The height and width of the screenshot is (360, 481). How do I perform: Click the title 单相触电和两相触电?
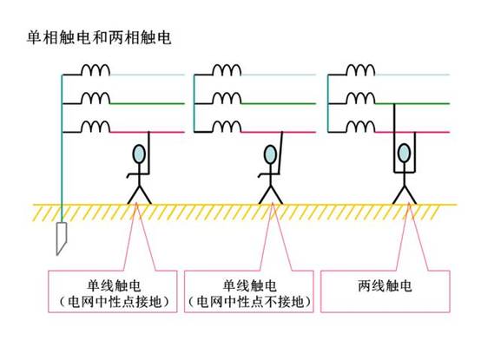(x=99, y=37)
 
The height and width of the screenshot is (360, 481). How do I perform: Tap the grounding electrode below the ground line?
(x=62, y=239)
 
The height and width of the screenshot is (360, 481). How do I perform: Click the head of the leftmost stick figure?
(x=139, y=154)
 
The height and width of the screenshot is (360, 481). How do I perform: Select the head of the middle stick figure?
(x=270, y=154)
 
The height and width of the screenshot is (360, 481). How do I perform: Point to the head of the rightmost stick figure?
(x=404, y=153)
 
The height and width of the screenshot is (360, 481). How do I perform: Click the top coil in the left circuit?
(x=96, y=69)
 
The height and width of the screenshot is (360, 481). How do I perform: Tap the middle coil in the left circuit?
(x=96, y=98)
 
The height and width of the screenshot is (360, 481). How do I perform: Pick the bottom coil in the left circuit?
(x=96, y=127)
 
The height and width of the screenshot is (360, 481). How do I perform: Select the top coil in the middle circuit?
(x=227, y=69)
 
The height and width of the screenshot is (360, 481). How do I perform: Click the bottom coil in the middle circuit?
(x=227, y=127)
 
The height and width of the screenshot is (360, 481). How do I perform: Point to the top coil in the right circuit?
(x=360, y=69)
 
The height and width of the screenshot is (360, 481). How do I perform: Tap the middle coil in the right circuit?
(x=360, y=98)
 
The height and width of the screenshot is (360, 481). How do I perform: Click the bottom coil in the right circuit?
(x=360, y=127)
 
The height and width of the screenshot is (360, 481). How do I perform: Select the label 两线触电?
(x=385, y=286)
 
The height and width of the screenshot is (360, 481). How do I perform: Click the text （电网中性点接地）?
(x=114, y=302)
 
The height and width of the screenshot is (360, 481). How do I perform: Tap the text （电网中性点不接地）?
(x=249, y=302)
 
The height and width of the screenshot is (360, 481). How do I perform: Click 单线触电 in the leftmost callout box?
(x=114, y=286)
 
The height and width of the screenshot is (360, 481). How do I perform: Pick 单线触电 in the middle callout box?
(x=249, y=286)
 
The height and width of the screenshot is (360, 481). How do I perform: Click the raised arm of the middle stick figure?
(x=280, y=154)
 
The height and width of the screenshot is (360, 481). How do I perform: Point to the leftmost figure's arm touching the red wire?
(x=148, y=154)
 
